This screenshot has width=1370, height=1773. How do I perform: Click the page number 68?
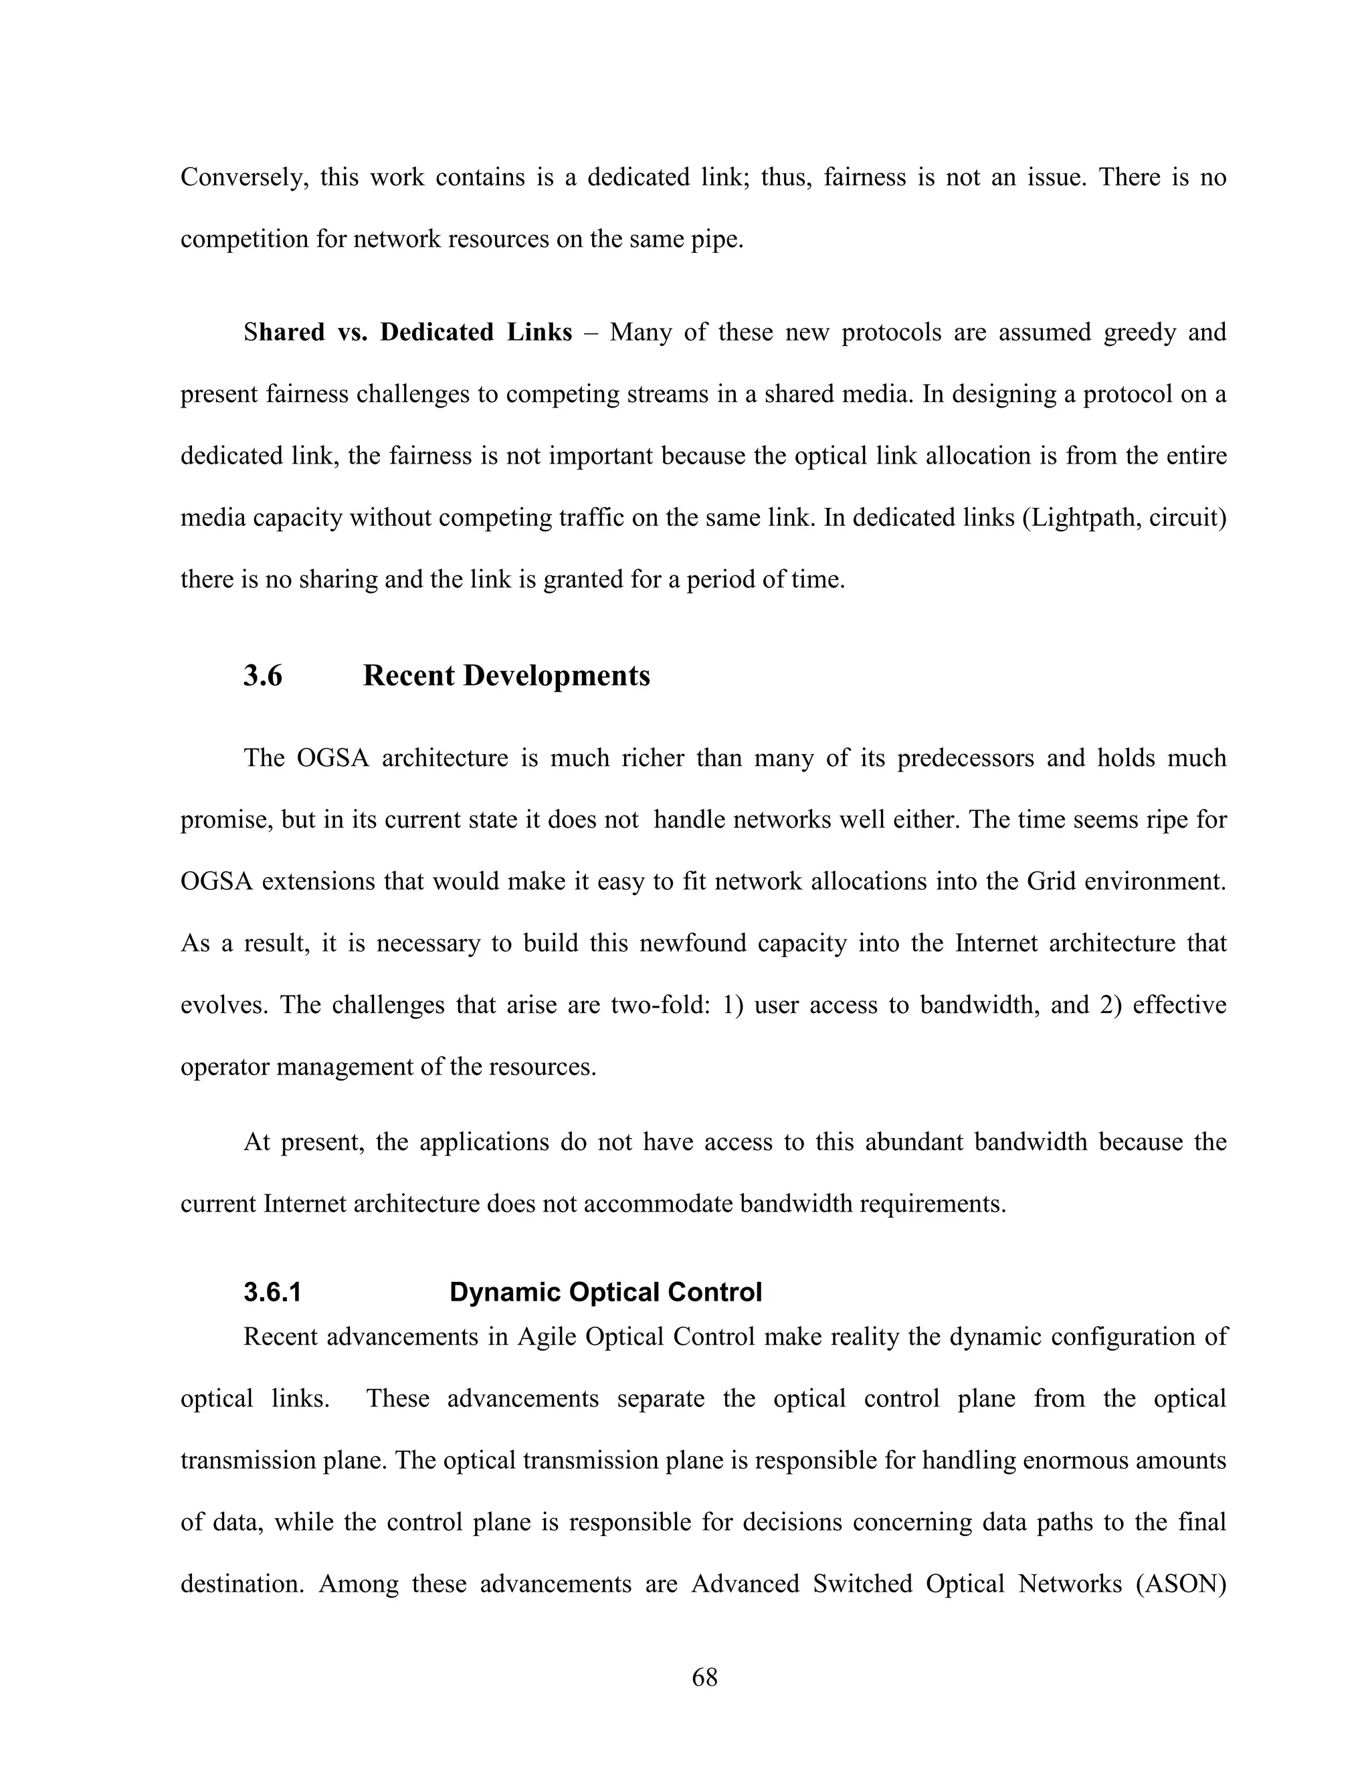point(704,1677)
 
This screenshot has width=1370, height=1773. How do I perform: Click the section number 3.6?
point(262,676)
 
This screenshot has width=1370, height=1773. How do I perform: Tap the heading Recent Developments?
point(506,676)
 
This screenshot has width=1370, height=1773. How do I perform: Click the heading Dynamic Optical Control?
point(605,1291)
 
